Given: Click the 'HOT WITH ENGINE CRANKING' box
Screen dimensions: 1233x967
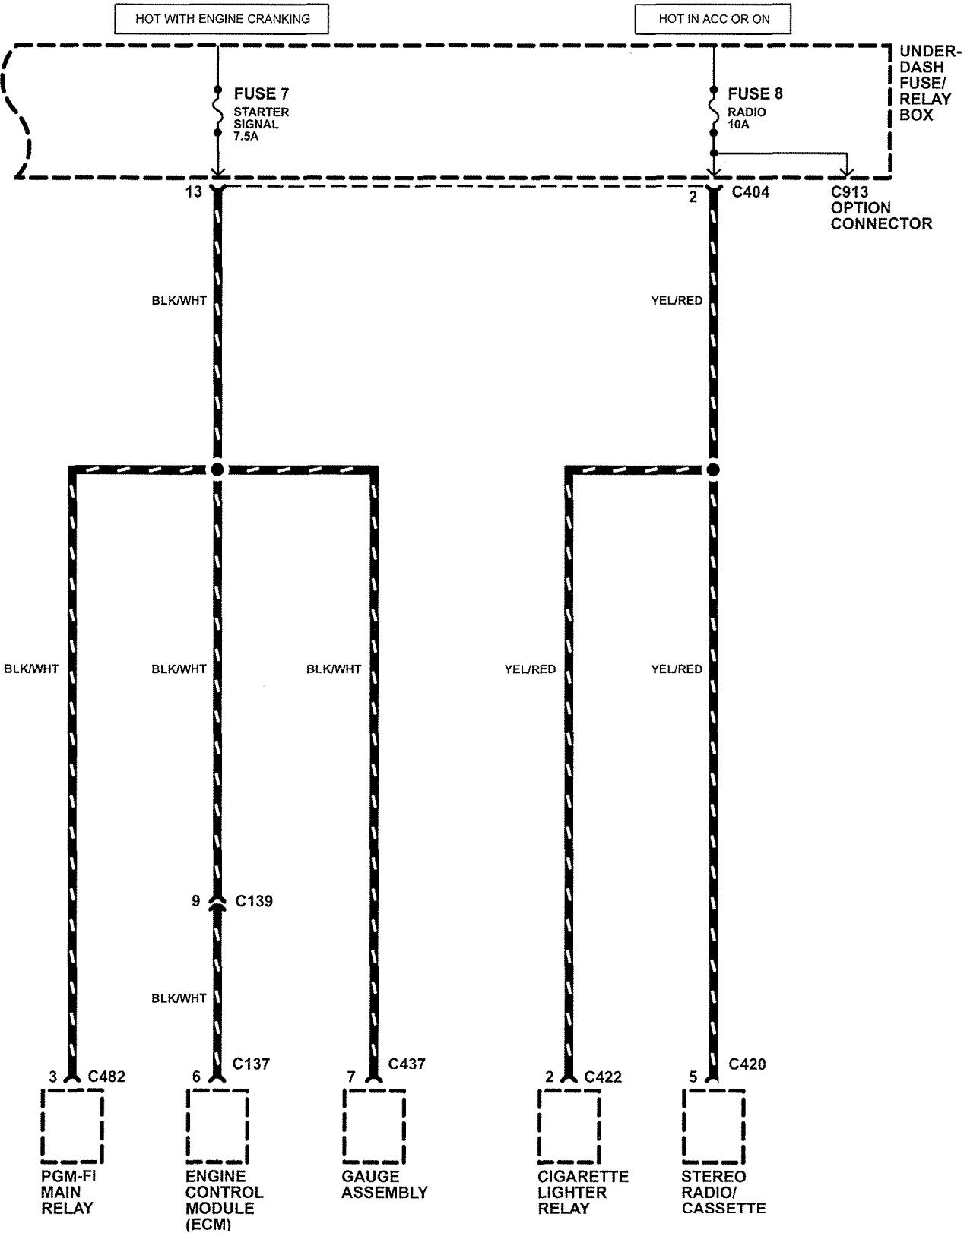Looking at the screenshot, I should pyautogui.click(x=222, y=19).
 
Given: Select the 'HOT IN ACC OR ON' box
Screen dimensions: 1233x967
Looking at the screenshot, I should pyautogui.click(x=714, y=19).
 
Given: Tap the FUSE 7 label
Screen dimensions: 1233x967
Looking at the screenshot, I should pyautogui.click(x=261, y=94).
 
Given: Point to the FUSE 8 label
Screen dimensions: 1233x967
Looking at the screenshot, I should pyautogui.click(x=754, y=94).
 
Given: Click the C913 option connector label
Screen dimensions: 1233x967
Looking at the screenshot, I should pyautogui.click(x=880, y=208).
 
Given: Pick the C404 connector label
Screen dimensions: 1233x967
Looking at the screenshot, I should pyautogui.click(x=750, y=193).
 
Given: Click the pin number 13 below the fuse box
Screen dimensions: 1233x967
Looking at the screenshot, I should pyautogui.click(x=194, y=192).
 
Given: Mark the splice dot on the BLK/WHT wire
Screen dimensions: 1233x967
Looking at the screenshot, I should pyautogui.click(x=217, y=469).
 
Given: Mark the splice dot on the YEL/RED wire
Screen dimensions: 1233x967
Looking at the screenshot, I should pyautogui.click(x=713, y=469).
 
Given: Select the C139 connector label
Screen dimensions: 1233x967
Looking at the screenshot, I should pyautogui.click(x=254, y=902).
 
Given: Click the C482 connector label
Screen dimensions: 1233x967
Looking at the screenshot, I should pyautogui.click(x=106, y=1077).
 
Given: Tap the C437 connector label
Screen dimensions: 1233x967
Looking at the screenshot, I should pyautogui.click(x=406, y=1064).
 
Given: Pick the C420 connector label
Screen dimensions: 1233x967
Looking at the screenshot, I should pyautogui.click(x=747, y=1064).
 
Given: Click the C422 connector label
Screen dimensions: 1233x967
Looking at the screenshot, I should pyautogui.click(x=603, y=1077).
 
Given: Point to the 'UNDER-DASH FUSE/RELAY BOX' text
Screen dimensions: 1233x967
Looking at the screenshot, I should pyautogui.click(x=926, y=84).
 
